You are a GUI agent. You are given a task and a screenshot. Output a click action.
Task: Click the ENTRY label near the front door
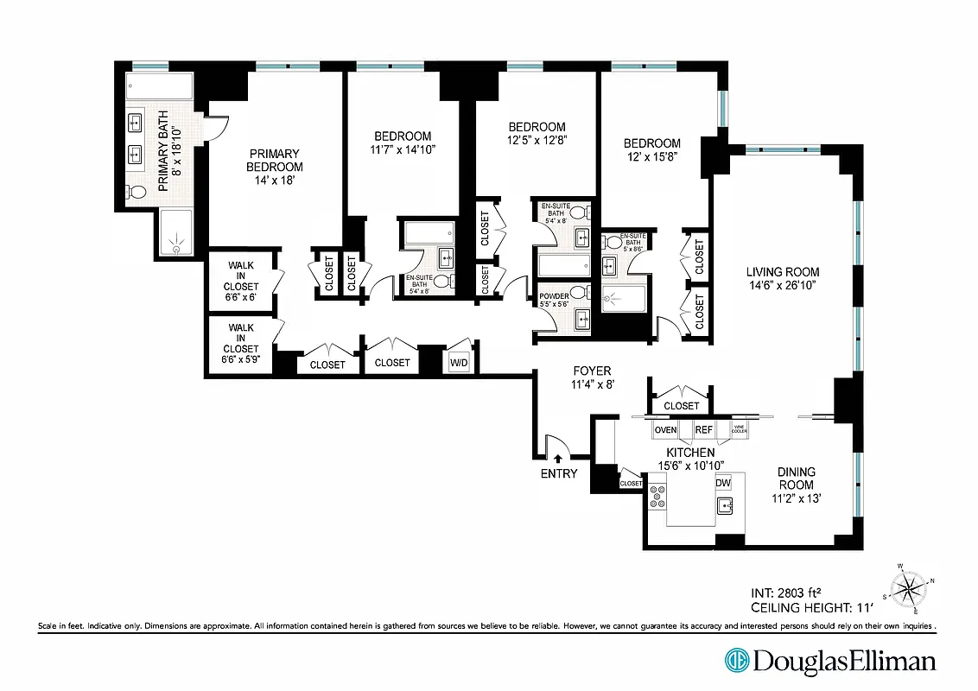click(558, 473)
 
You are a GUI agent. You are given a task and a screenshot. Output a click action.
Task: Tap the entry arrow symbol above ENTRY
click(558, 460)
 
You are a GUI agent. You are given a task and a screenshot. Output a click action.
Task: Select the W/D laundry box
click(458, 364)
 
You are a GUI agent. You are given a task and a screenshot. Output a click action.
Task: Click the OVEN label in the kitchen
click(664, 429)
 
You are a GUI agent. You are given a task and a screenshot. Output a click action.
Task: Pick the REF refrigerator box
click(704, 429)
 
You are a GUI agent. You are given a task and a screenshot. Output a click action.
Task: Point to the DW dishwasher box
click(723, 483)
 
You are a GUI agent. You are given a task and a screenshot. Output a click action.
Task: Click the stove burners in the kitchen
click(659, 497)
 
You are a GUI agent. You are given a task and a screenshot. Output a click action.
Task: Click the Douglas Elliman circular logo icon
click(736, 662)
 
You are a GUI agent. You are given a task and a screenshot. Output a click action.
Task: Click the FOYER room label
click(591, 371)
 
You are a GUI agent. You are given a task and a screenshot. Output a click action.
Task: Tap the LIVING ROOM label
click(783, 272)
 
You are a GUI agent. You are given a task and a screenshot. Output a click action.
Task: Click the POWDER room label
click(553, 295)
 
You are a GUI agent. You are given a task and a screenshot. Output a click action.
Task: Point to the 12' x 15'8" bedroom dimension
click(652, 158)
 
